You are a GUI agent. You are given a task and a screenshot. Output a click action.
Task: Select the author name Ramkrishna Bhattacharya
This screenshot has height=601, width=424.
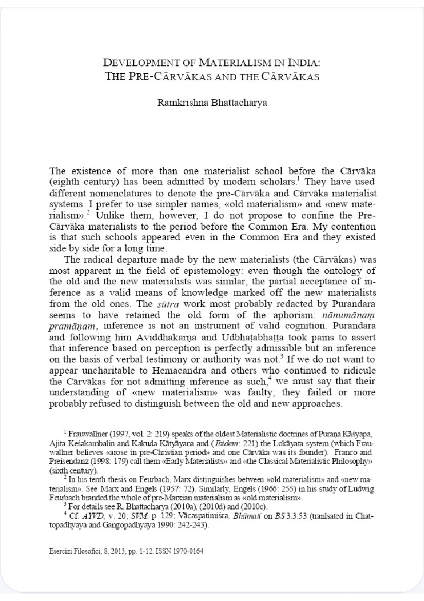[x=212, y=103]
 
